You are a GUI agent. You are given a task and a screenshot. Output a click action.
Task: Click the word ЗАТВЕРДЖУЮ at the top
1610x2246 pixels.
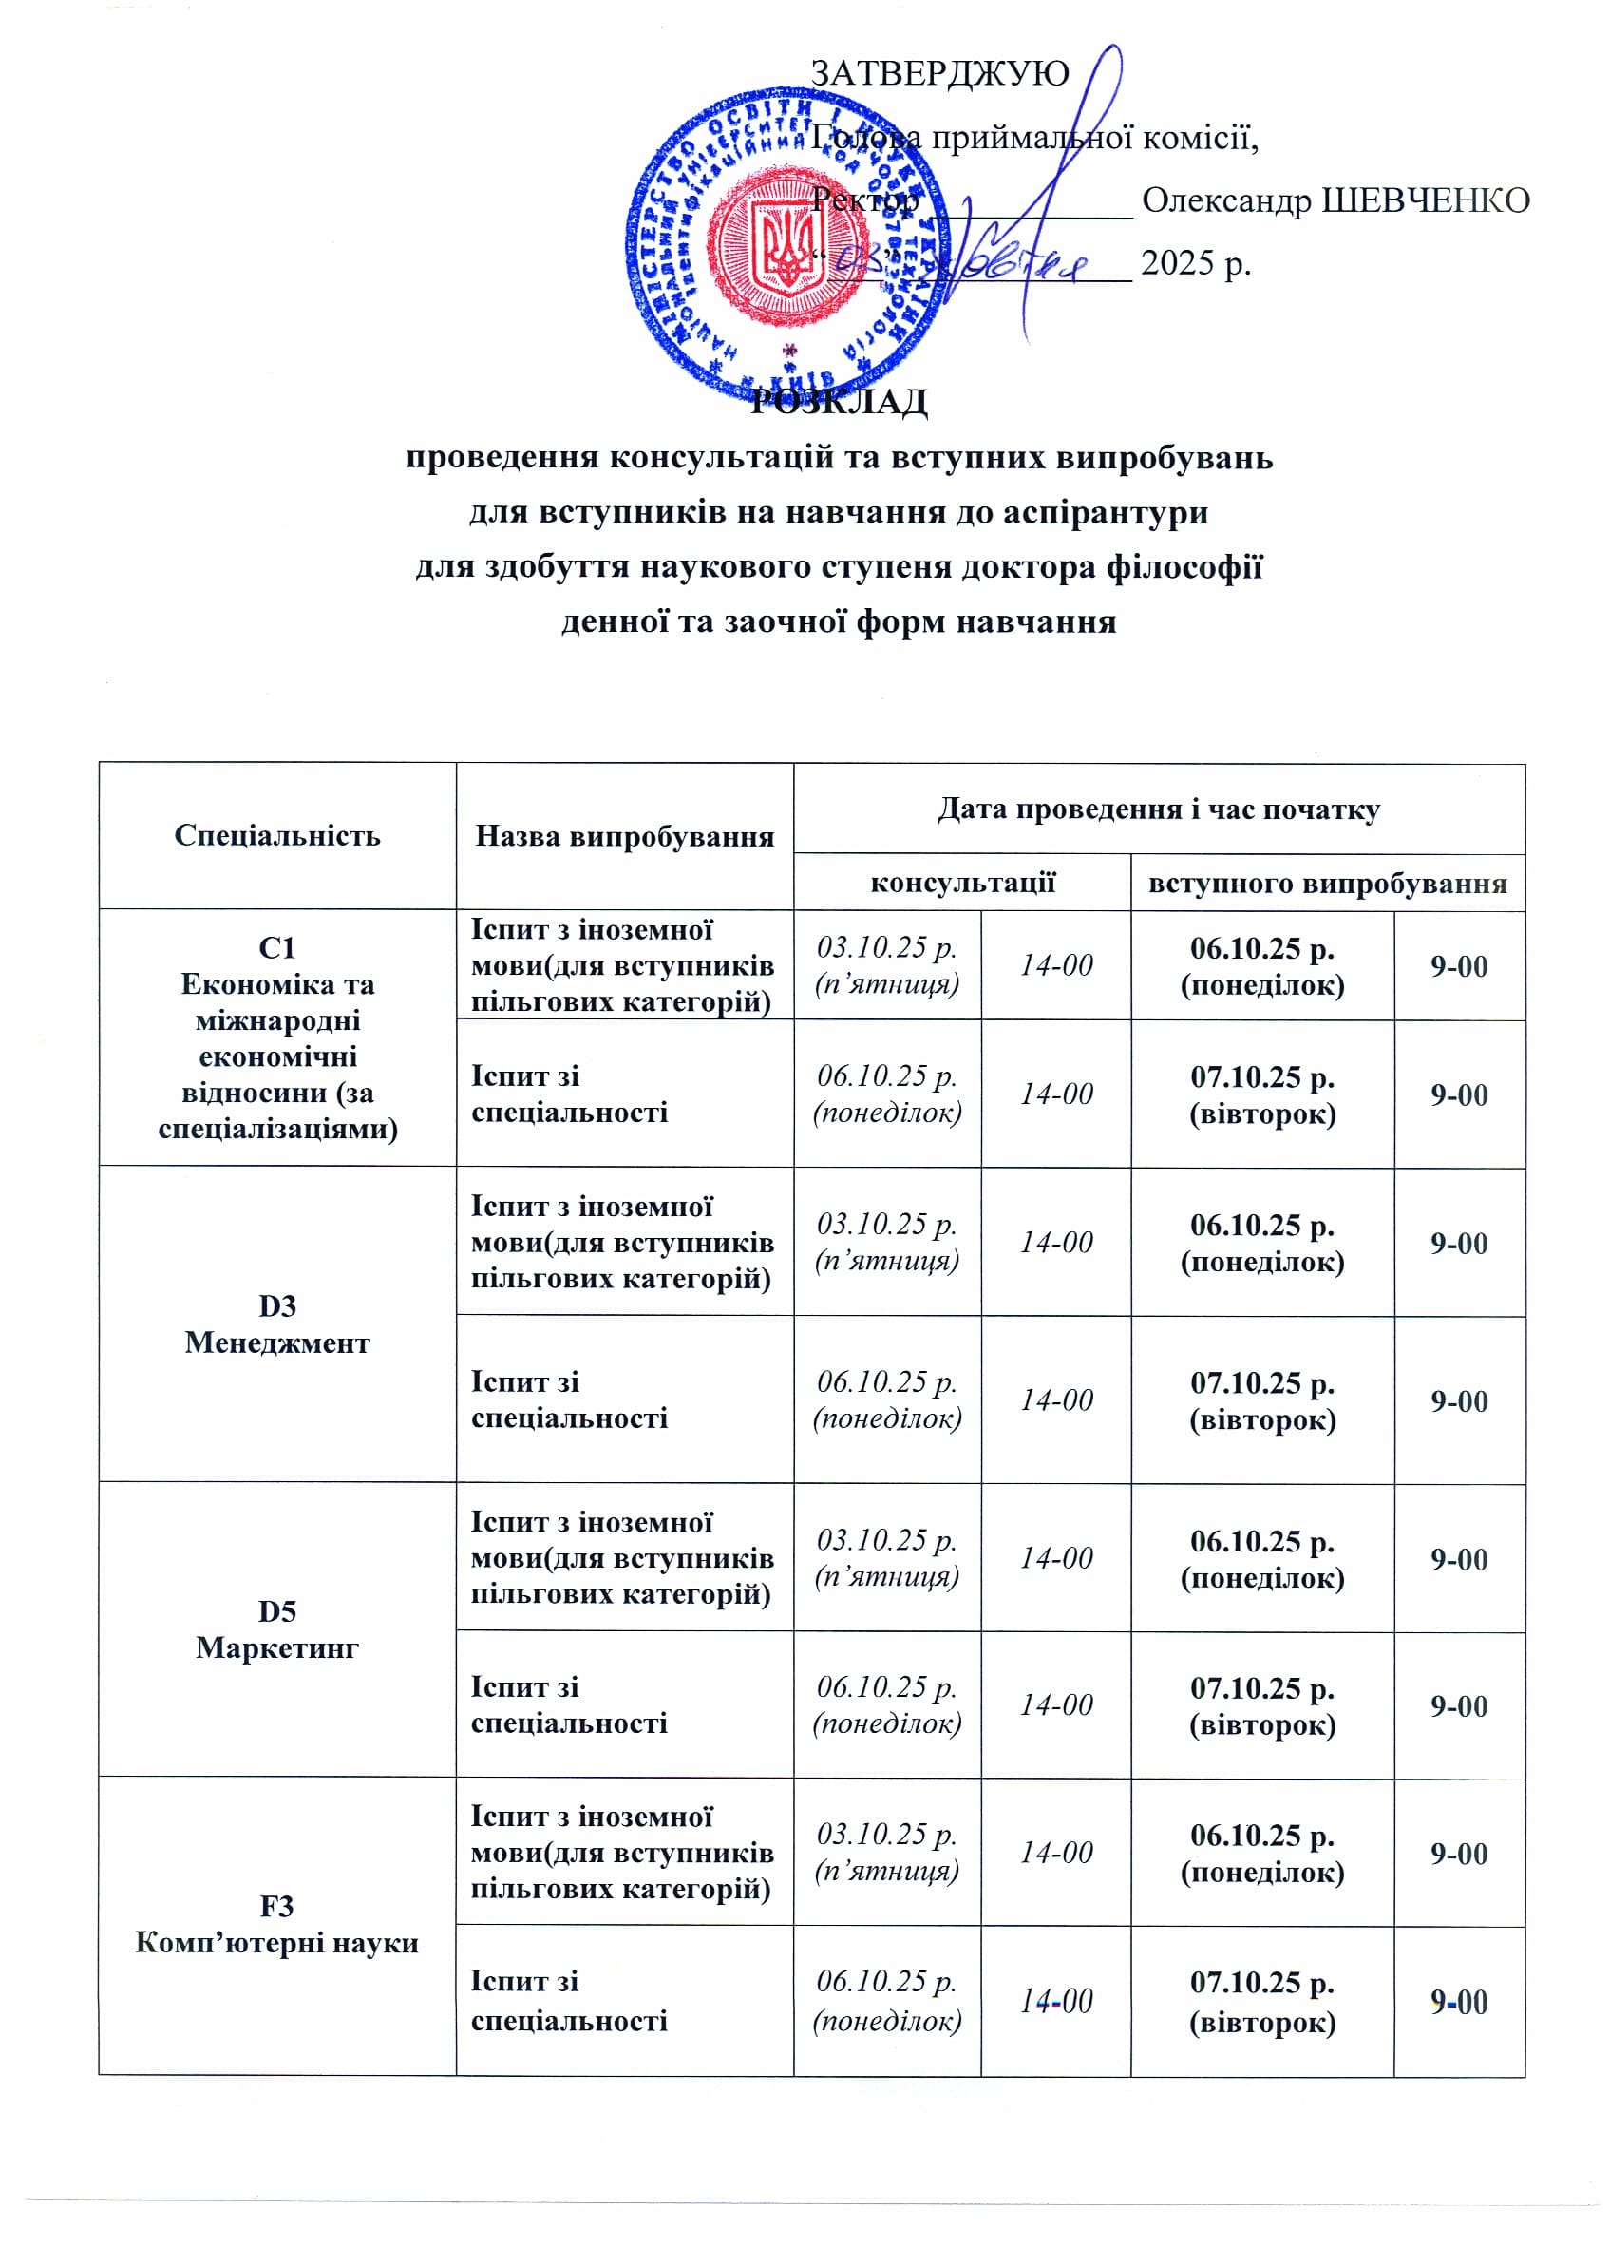[x=938, y=72]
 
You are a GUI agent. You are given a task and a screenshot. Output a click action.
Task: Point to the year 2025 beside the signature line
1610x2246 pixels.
[x=1178, y=262]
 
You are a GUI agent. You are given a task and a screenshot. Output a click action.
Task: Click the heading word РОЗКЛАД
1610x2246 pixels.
[x=839, y=401]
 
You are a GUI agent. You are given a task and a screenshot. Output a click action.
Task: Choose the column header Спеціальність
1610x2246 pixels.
[x=277, y=835]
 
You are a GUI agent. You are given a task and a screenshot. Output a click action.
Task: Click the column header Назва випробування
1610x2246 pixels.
[x=624, y=836]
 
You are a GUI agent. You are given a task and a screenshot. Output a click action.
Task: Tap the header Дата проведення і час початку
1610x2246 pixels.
[x=1158, y=809]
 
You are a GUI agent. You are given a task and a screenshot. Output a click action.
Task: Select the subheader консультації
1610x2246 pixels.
[x=961, y=882]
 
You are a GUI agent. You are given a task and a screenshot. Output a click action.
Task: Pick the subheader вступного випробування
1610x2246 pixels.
[x=1327, y=883]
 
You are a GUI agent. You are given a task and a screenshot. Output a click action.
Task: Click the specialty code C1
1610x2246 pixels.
[x=277, y=948]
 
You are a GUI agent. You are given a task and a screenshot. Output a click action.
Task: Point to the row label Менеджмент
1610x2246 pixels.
[x=277, y=1342]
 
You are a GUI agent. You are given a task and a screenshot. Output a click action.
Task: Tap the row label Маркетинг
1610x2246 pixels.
[x=277, y=1646]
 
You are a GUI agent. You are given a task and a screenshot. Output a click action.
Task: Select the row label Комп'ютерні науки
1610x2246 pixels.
[x=277, y=1942]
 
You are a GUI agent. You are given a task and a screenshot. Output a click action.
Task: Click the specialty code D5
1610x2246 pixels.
[x=277, y=1611]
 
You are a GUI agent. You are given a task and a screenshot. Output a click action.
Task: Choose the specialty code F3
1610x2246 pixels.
[x=277, y=1905]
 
